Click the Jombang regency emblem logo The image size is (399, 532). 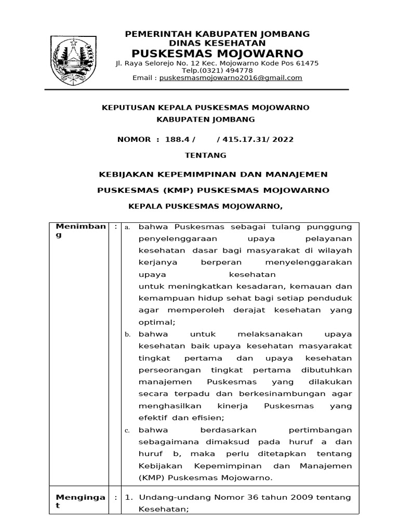pos(74,58)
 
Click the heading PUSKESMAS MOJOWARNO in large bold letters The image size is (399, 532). pos(217,54)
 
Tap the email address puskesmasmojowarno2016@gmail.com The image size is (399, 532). pos(231,78)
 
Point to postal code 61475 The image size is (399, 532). pos(308,63)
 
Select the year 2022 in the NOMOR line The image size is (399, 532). pos(283,139)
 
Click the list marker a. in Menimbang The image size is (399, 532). pos(127,228)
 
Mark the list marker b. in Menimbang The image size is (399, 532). pos(127,334)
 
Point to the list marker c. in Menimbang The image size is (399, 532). pos(127,431)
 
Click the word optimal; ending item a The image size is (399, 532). pos(154,322)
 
